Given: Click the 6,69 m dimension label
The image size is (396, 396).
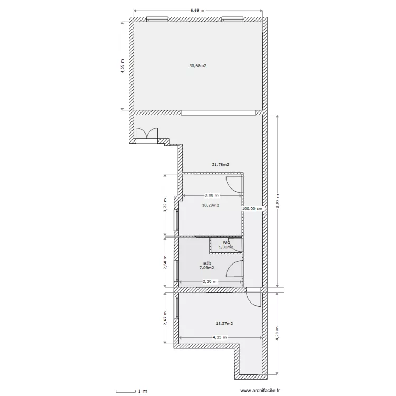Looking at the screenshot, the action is pos(197,11).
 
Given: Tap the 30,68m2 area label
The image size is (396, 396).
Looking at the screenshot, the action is pos(198,65).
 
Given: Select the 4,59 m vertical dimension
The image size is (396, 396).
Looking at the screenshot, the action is pos(122,66).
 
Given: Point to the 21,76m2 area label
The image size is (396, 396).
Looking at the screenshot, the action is pos(221,165).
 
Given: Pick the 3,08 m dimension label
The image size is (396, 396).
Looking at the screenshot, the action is pos(212,195).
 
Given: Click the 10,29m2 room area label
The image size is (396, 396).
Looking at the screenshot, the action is pos(211,205).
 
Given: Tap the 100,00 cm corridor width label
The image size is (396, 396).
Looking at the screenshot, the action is pos(252,209).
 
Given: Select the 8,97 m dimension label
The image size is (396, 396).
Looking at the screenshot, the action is pos(278,201).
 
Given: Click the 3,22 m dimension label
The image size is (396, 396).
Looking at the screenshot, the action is pos(165,205).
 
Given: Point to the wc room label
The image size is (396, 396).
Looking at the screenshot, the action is pos(226,243).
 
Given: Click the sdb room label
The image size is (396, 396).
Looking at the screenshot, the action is pos(207,263).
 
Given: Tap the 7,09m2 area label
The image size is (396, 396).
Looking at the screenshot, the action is pos(206,268).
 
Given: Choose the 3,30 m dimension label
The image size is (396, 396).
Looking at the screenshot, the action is pos(210,281).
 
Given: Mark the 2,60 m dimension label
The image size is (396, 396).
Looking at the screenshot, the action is pos(165,262).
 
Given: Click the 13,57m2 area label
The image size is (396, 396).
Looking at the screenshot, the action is pos(224,323).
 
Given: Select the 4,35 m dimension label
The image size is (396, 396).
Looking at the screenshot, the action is pos(220,337).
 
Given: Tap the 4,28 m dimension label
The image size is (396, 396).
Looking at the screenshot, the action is pos(278,333).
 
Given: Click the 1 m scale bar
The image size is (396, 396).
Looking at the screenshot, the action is pos(126,391).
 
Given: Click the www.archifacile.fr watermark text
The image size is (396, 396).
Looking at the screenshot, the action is pos(260,391).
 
